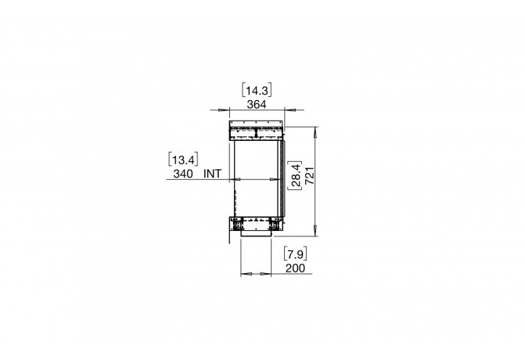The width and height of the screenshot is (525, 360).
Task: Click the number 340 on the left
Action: [x=182, y=174]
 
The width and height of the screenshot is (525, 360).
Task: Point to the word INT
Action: [x=212, y=174]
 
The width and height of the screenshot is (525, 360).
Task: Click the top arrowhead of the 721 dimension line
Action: [x=315, y=130]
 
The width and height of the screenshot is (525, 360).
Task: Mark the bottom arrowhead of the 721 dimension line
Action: [x=315, y=232]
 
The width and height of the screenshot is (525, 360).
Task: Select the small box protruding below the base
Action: [x=256, y=232]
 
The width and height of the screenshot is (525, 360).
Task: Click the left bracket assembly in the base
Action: [x=236, y=225]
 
